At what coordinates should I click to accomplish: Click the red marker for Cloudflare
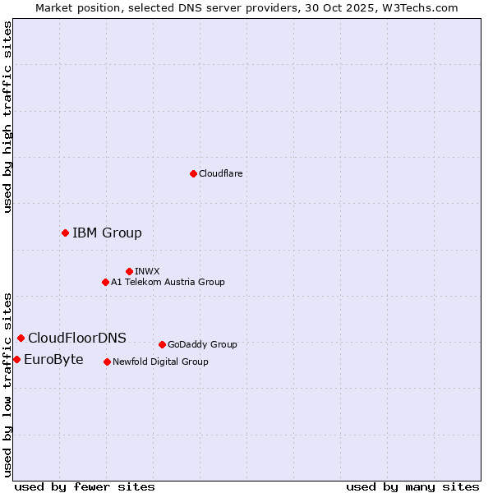(x=193, y=173)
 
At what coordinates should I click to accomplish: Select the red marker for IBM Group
(x=65, y=233)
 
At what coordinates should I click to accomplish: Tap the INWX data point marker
(x=129, y=271)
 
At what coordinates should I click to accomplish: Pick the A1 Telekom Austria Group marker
(x=105, y=282)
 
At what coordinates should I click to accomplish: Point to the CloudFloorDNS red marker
(x=21, y=338)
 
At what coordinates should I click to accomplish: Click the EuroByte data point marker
(x=16, y=359)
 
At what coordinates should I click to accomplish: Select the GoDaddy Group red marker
(x=162, y=344)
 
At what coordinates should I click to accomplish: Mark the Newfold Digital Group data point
(x=107, y=362)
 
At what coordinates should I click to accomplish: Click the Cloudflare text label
(x=221, y=173)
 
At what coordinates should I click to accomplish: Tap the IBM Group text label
(x=107, y=233)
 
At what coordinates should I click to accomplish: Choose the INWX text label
(x=147, y=271)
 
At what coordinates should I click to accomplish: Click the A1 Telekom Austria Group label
(x=168, y=282)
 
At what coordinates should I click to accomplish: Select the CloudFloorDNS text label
(x=77, y=338)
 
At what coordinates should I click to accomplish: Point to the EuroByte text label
(x=53, y=359)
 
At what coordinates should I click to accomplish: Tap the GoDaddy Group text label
(x=202, y=344)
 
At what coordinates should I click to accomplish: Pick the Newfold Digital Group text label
(x=160, y=362)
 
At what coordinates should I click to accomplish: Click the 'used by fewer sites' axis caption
(x=85, y=486)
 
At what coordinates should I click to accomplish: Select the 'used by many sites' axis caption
(x=412, y=486)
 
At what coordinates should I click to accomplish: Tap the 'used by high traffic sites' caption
(x=7, y=117)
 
